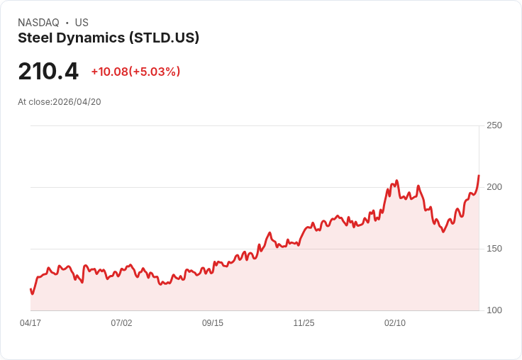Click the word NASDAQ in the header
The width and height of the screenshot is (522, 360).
coord(38,23)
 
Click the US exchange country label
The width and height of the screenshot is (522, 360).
coord(82,23)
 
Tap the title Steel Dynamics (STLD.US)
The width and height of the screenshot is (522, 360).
coord(109,38)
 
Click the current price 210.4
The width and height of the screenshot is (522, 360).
coord(48,72)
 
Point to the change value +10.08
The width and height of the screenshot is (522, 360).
coord(109,72)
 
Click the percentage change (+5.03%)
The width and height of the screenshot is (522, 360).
coord(155,72)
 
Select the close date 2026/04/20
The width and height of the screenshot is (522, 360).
coord(77,102)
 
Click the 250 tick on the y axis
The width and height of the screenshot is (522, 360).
coord(494,125)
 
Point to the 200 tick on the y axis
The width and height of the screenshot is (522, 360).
coord(494,187)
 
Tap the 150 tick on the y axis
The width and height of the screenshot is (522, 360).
coord(494,249)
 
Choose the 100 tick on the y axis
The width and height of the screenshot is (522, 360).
coord(494,310)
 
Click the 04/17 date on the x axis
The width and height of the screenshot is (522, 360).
coord(30,323)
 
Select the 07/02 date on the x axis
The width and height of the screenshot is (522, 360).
coord(121,323)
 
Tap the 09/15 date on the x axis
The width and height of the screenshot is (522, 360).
coord(213,323)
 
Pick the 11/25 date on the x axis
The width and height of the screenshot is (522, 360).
coord(304,323)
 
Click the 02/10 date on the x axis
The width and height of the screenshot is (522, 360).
coord(395,323)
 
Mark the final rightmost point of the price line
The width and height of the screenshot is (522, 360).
coord(479,175)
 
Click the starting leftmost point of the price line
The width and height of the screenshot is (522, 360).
coord(30,289)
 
